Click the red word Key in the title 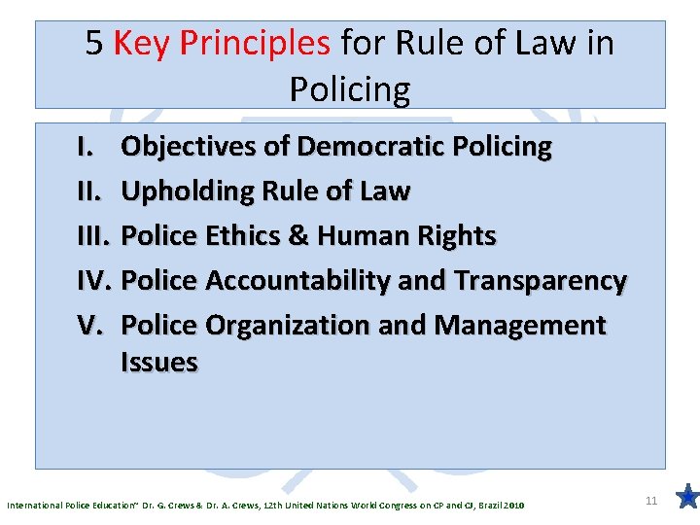click(x=142, y=43)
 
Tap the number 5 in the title click(x=94, y=43)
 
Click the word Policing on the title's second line click(x=350, y=89)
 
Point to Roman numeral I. click(x=83, y=147)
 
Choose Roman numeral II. click(x=86, y=192)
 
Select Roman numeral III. click(x=90, y=236)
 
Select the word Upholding click(x=184, y=192)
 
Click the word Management click(x=519, y=326)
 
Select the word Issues click(x=159, y=363)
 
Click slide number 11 click(x=652, y=500)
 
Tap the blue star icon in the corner click(x=685, y=498)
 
